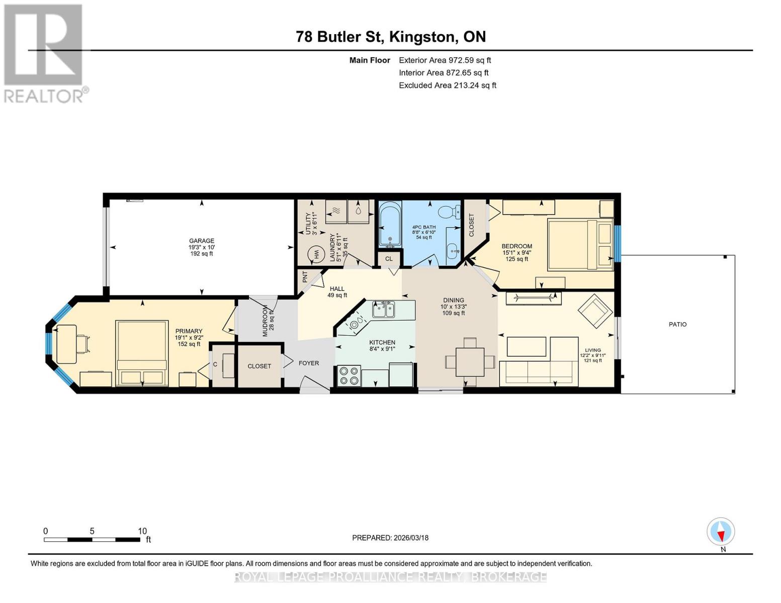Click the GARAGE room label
pos(201,241)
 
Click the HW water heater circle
pos(316,254)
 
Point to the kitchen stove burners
pos(349,375)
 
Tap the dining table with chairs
pos(470,362)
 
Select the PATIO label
pos(677,325)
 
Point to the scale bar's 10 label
pos(142,531)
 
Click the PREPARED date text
pos(390,538)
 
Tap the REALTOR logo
pos(43,53)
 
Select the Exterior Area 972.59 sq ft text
pos(445,60)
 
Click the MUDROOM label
pos(266,320)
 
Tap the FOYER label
pos(309,363)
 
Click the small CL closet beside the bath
pos(389,259)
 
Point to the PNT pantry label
pos(305,277)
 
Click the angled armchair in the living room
pos(594,311)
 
